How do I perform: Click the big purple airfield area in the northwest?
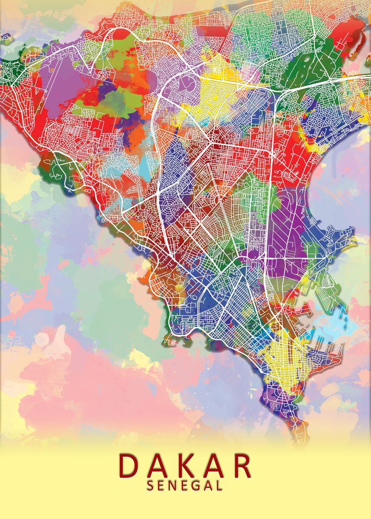tap(65, 86)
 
